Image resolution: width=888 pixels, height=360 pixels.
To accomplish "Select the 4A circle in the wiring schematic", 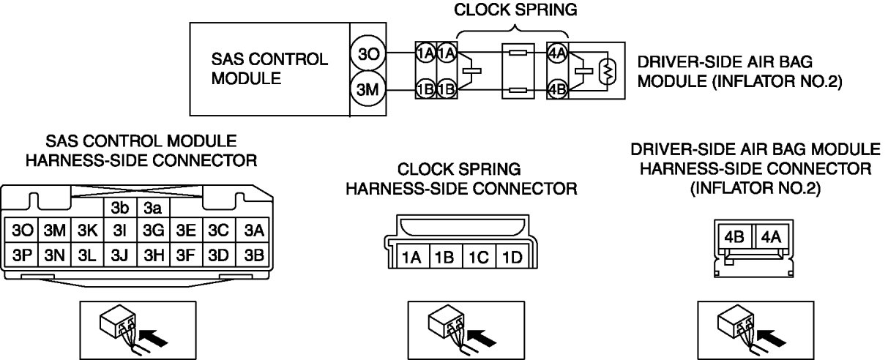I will pyautogui.click(x=557, y=53).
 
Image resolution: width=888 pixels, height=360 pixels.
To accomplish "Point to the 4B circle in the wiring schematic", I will pyautogui.click(x=557, y=91).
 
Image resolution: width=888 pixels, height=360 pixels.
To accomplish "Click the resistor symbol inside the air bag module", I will pyautogui.click(x=605, y=72).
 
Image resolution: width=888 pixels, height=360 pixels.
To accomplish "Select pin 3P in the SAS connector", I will pyautogui.click(x=20, y=256).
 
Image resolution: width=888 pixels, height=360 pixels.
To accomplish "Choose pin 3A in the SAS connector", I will pyautogui.click(x=253, y=230).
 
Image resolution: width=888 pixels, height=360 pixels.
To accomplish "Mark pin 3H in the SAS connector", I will pyautogui.click(x=154, y=256).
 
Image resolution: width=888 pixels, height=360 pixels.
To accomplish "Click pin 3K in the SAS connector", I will pyautogui.click(x=87, y=230).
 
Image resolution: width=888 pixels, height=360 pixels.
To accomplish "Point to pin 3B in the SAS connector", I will pyautogui.click(x=253, y=256).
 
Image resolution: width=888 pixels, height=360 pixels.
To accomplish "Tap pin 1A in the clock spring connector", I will pyautogui.click(x=410, y=257).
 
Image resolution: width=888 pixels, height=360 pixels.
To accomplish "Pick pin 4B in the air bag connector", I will pyautogui.click(x=734, y=238).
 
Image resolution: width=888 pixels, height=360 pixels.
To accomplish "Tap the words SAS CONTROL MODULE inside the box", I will pyautogui.click(x=269, y=69).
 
